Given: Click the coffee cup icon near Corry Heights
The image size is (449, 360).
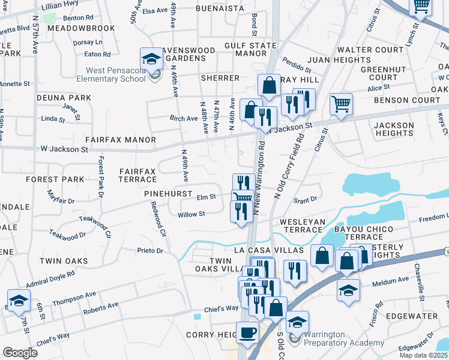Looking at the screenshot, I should [247, 332].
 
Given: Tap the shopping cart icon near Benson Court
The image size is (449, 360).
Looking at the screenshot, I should [341, 103].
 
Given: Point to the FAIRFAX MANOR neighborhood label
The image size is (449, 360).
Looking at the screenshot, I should [121, 140].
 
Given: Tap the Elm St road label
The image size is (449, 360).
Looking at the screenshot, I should [206, 196].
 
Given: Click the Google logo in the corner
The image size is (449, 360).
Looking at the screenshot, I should [20, 352].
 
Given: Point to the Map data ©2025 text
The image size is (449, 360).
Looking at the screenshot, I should [424, 355].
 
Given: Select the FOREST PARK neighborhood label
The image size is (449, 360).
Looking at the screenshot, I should [55, 179].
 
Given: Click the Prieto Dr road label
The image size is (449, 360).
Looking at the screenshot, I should [151, 250].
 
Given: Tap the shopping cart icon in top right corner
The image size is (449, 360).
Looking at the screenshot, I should [421, 5].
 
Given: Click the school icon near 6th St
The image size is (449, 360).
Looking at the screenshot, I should [19, 300].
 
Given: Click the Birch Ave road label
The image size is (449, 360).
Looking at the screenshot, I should [184, 119].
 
